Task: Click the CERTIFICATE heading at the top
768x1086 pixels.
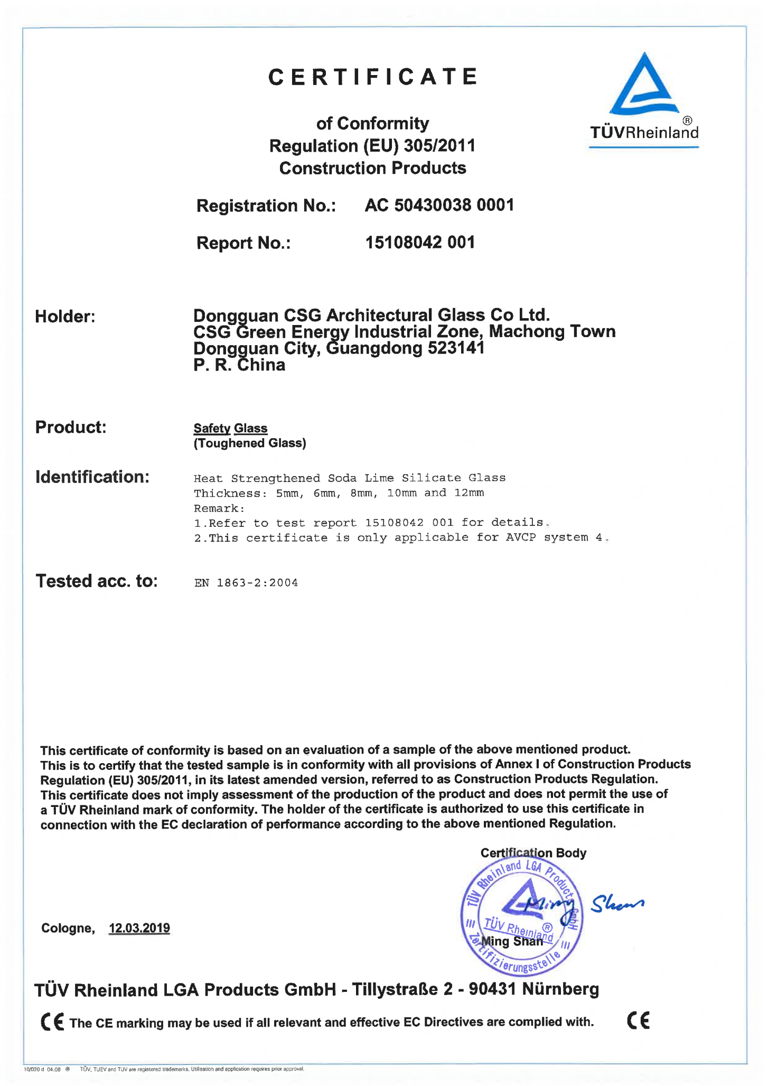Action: click(x=373, y=77)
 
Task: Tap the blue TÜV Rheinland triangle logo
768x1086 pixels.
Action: click(x=643, y=86)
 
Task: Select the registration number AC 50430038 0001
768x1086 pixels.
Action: click(x=439, y=205)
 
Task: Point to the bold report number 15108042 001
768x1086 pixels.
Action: click(x=420, y=243)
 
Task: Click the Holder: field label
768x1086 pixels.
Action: click(x=65, y=317)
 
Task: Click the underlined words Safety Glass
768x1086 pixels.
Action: click(x=230, y=428)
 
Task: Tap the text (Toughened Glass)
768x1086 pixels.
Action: click(x=250, y=443)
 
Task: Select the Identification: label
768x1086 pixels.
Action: click(x=92, y=477)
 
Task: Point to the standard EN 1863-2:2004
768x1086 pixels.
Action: click(x=246, y=583)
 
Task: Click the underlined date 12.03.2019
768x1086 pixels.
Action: click(x=139, y=928)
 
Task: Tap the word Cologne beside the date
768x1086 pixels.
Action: click(x=68, y=929)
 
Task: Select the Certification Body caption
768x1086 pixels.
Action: click(x=533, y=853)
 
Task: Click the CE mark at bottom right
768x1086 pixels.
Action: click(x=638, y=1020)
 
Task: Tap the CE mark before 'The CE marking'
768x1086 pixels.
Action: click(x=52, y=1022)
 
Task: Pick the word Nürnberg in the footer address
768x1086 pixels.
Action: click(x=560, y=989)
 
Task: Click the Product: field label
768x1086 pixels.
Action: click(x=71, y=427)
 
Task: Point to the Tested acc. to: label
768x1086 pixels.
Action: click(x=97, y=581)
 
